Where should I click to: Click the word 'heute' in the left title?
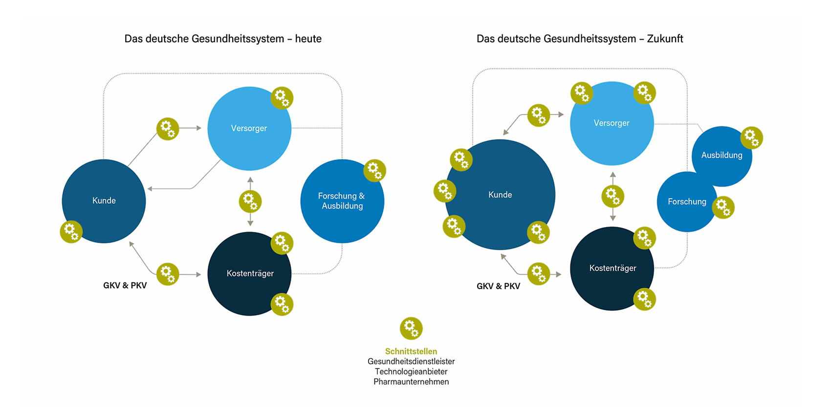pyautogui.click(x=308, y=39)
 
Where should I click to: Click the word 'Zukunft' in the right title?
pyautogui.click(x=665, y=39)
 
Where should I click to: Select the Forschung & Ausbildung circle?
pyautogui.click(x=342, y=201)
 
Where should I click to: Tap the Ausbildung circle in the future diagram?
pyautogui.click(x=722, y=157)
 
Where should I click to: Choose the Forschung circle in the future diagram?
pyautogui.click(x=687, y=202)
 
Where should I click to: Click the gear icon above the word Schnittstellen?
pyautogui.click(x=411, y=328)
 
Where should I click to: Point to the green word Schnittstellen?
pyautogui.click(x=411, y=351)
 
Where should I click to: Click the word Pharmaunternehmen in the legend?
pyautogui.click(x=411, y=382)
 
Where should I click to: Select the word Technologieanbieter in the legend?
pyautogui.click(x=411, y=371)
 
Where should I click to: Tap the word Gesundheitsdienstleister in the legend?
pyautogui.click(x=411, y=361)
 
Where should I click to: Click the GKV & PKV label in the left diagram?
pyautogui.click(x=125, y=285)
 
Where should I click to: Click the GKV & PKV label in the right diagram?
pyautogui.click(x=498, y=286)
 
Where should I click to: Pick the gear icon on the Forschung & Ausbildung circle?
pyautogui.click(x=375, y=170)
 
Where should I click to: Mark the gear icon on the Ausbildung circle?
pyautogui.click(x=752, y=138)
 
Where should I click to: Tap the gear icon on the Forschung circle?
pyautogui.click(x=723, y=207)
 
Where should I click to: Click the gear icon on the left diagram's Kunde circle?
pyautogui.click(x=71, y=232)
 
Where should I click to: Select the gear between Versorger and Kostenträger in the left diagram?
pyautogui.click(x=250, y=202)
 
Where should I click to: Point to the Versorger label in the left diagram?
pyautogui.click(x=249, y=128)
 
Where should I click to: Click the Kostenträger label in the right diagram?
pyautogui.click(x=612, y=268)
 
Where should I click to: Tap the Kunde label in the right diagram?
pyautogui.click(x=500, y=195)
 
